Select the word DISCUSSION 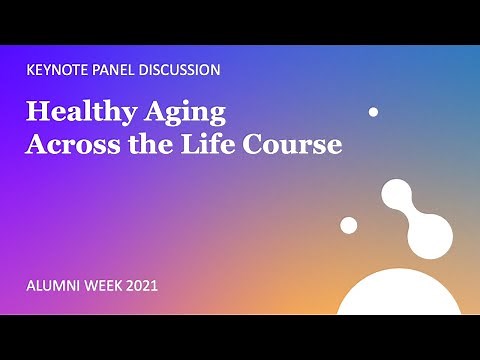coord(181,70)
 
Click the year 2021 coord(142,286)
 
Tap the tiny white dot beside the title coord(373,112)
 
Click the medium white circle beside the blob coord(349,225)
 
